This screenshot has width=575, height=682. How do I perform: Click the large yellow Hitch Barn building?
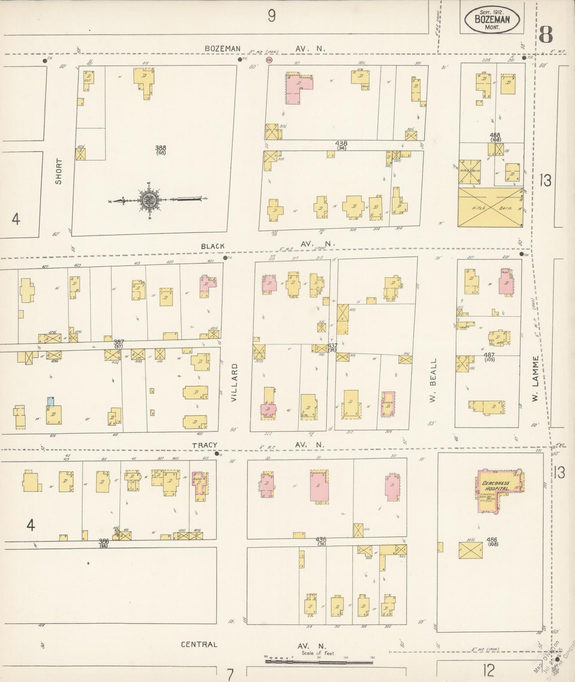[x=491, y=208]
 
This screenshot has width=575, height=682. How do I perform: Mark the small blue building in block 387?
[x=51, y=401]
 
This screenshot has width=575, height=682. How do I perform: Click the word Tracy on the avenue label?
[x=205, y=445]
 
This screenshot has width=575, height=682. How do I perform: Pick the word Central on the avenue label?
[x=199, y=644]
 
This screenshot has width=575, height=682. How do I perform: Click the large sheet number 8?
[x=546, y=35]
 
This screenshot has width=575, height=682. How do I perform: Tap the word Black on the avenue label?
[x=213, y=246]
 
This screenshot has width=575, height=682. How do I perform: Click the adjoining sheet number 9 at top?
[x=271, y=16]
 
